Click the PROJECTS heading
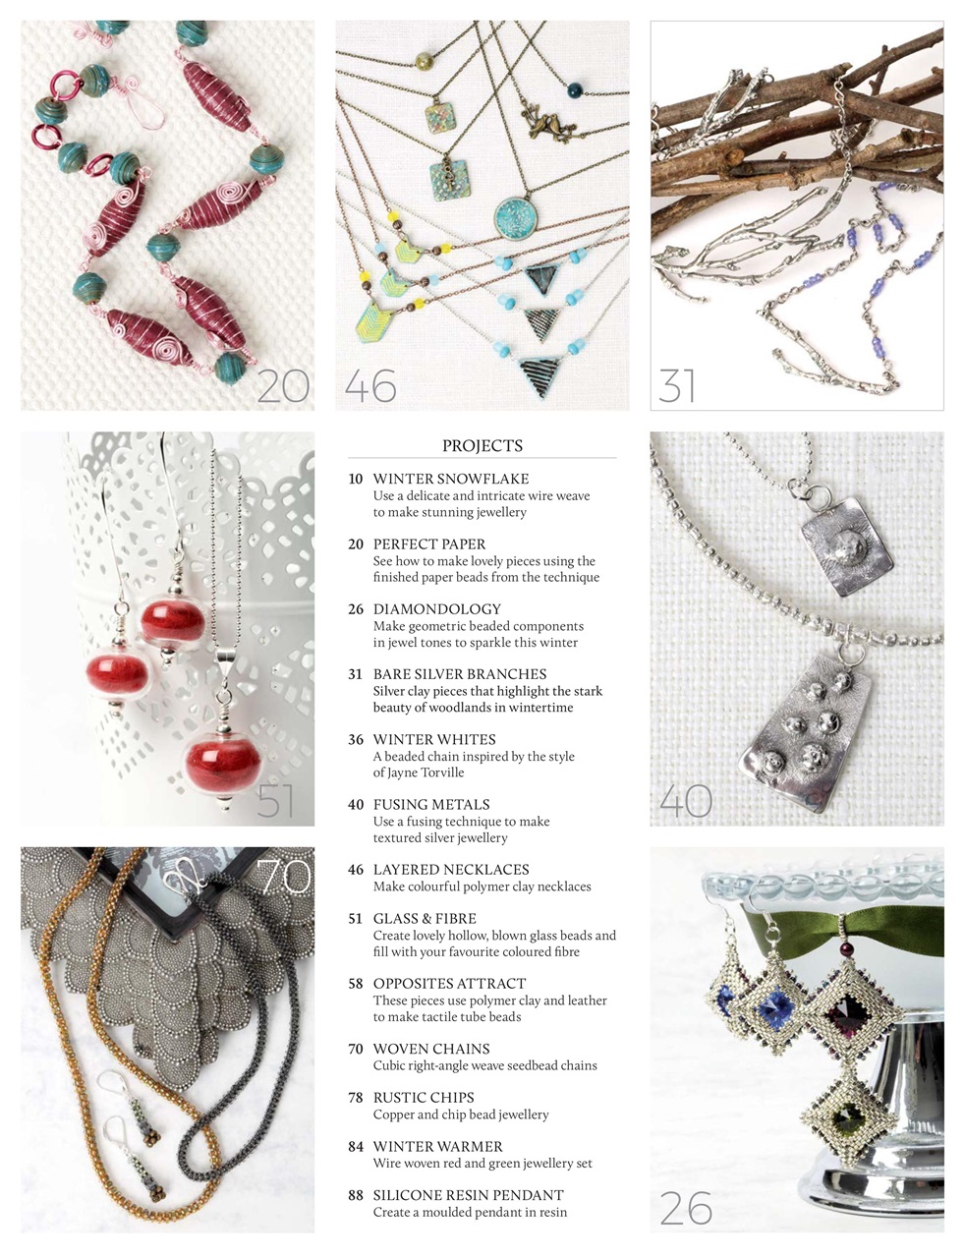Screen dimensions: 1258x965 482,445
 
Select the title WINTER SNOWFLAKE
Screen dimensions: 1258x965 451,479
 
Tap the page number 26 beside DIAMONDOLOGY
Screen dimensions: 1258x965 356,609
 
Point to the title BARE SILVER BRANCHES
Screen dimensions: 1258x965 460,674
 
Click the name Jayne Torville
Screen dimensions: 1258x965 419,772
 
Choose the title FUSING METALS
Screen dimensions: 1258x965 431,804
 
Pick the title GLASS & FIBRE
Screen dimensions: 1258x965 425,918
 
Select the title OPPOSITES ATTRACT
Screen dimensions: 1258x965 449,984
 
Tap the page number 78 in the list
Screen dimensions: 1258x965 356,1098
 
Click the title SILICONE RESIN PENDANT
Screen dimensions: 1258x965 468,1195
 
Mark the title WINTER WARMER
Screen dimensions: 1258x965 437,1146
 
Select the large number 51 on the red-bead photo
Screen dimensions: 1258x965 275,801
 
